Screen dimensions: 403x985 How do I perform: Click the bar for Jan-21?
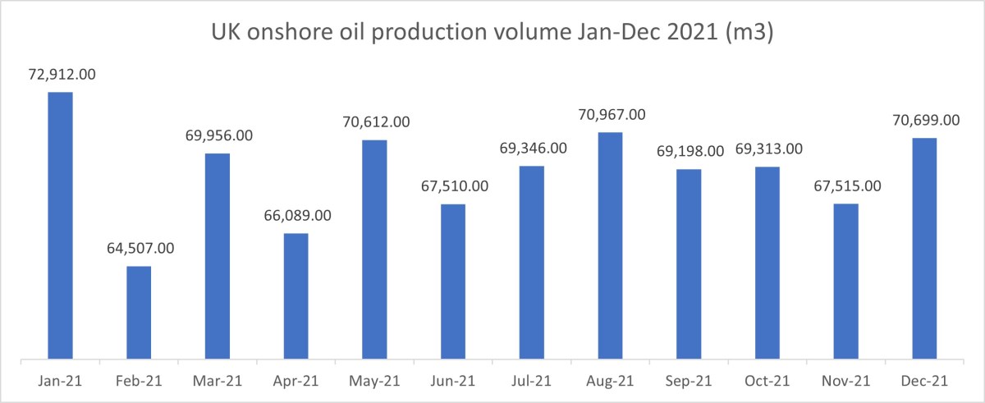tap(60, 226)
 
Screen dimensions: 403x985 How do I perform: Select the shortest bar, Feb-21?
tap(139, 313)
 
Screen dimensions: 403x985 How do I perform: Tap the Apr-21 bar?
tap(295, 296)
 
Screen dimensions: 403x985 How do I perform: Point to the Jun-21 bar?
tap(453, 281)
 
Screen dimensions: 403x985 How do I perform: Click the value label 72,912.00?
tap(60, 75)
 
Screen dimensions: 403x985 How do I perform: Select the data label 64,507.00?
tap(139, 249)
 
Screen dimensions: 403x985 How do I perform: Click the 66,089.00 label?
tap(295, 216)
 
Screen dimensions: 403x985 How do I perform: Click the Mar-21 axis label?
tap(218, 382)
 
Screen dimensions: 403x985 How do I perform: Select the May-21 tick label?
tap(374, 382)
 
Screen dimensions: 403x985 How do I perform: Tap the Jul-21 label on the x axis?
tap(532, 382)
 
